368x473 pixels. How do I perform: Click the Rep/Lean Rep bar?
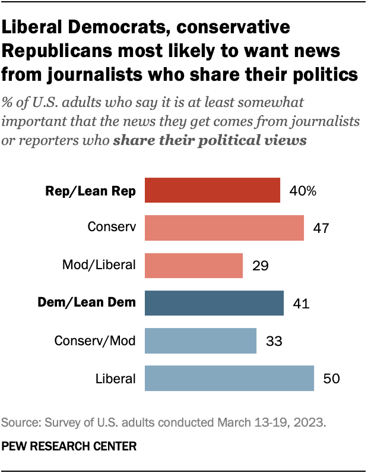[212, 191]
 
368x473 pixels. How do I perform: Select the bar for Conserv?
[224, 228]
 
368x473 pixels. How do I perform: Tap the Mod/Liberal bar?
[194, 265]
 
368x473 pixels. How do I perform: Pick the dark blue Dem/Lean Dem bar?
[214, 303]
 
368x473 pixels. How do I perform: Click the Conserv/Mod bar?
[201, 341]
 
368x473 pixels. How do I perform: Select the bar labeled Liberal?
[229, 379]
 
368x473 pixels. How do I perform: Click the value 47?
[321, 228]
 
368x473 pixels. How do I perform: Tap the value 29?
[259, 266]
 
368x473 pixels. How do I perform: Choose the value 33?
[273, 341]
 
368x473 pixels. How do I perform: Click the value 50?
[331, 379]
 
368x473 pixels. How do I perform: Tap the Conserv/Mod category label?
[95, 341]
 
